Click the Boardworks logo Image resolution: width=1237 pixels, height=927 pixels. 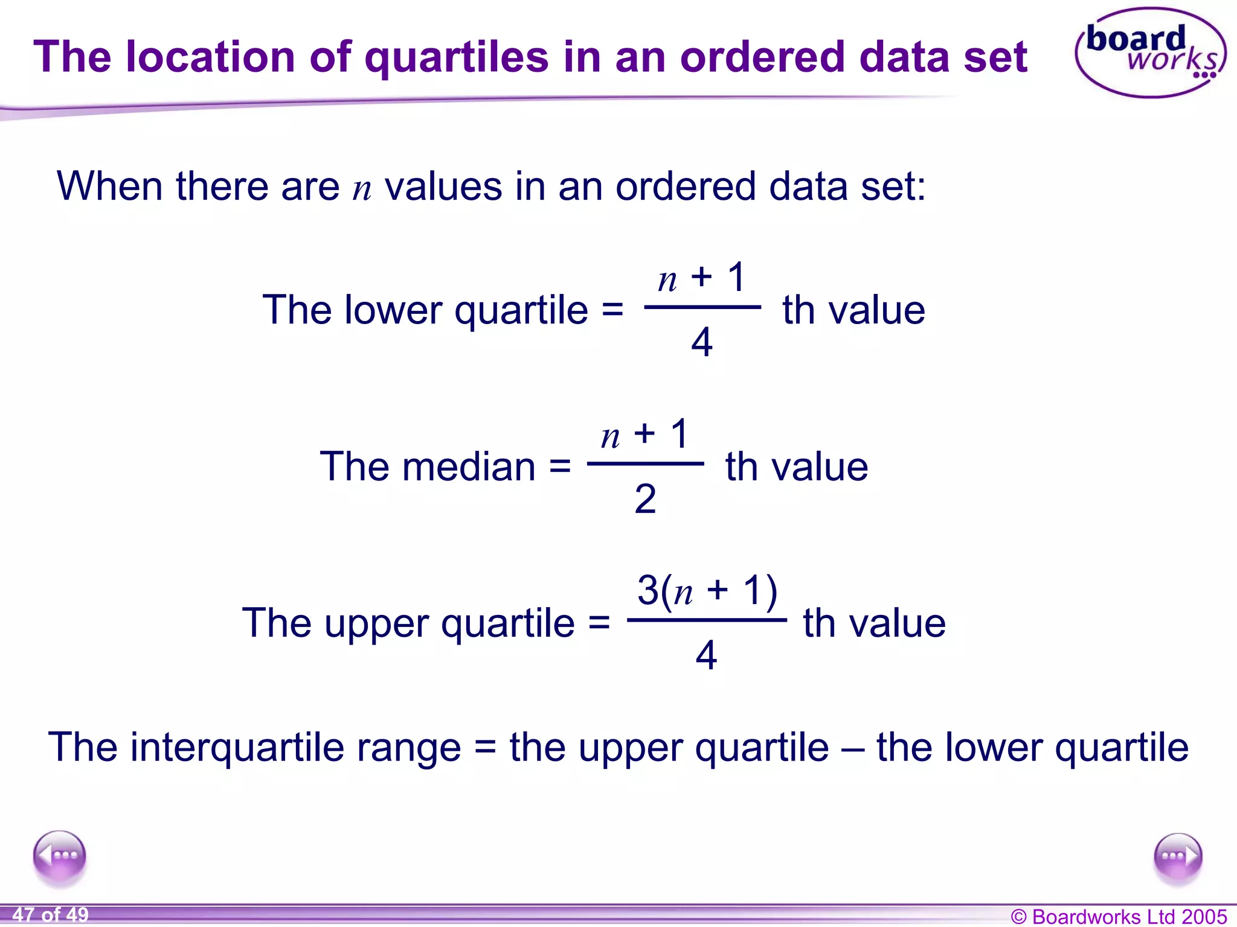point(1150,53)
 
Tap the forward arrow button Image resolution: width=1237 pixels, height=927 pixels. point(1177,857)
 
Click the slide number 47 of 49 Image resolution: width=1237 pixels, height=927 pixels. point(51,914)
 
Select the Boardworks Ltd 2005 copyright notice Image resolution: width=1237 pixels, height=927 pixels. point(1119,916)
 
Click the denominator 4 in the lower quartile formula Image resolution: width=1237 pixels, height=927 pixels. point(702,342)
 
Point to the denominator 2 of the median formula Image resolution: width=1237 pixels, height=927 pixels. point(645,499)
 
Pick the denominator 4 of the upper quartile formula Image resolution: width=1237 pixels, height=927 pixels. point(706,655)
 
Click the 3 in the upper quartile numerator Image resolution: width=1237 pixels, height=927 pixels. point(648,590)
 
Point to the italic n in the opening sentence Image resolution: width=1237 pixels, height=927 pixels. point(362,188)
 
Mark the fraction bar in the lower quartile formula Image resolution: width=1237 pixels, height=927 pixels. point(702,307)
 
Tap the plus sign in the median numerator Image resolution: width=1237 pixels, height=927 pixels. point(644,433)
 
